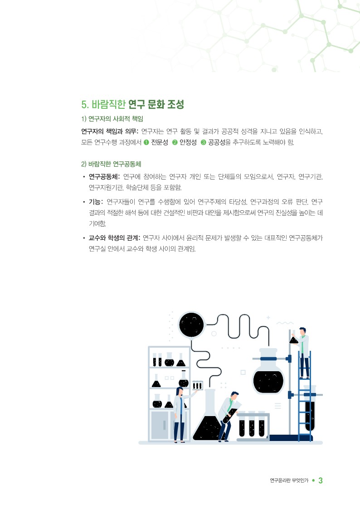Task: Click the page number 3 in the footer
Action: click(321, 480)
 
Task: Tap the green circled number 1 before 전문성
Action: click(146, 142)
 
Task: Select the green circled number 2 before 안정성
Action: click(175, 142)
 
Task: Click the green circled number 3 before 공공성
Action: click(204, 142)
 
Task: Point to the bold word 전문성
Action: click(160, 142)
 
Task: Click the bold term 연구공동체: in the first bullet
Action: click(104, 177)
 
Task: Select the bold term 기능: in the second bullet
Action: click(96, 202)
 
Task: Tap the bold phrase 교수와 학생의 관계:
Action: click(114, 238)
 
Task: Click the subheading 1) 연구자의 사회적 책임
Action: click(112, 119)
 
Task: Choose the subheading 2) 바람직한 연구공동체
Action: click(111, 164)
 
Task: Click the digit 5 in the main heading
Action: click(84, 105)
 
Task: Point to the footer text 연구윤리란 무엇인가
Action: click(289, 480)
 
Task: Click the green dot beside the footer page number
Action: click(313, 480)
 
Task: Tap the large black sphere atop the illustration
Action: click(191, 325)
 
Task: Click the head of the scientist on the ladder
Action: click(302, 331)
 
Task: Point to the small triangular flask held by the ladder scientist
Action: click(293, 339)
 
